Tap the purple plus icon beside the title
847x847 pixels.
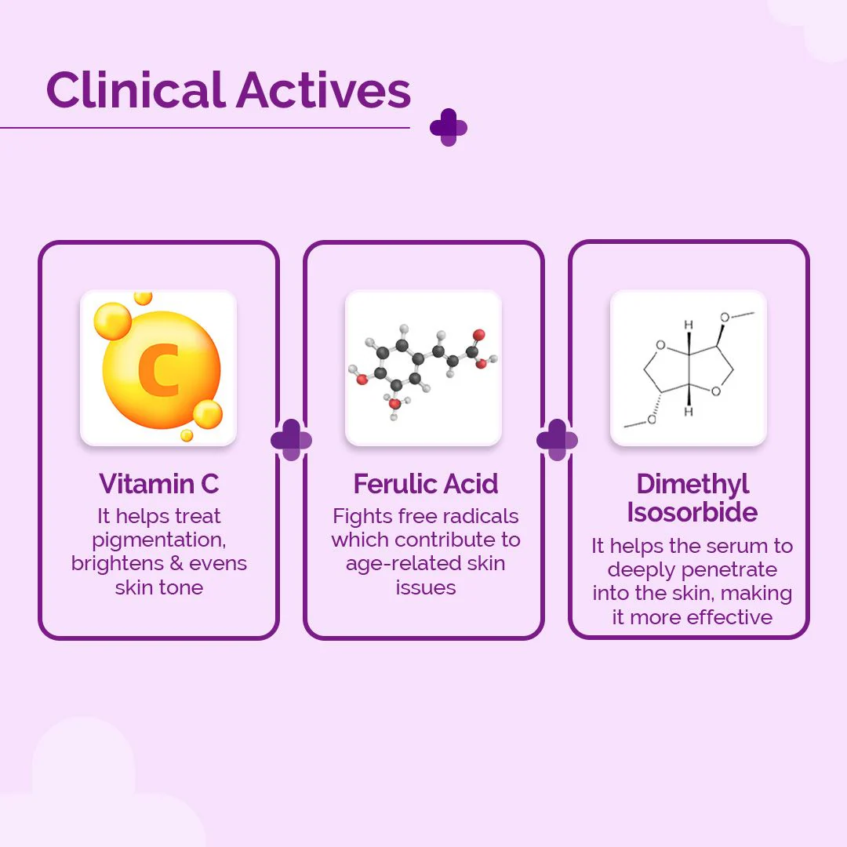[449, 127]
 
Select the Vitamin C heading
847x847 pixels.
[158, 484]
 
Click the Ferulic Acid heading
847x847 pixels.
[425, 484]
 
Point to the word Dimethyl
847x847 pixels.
[693, 484]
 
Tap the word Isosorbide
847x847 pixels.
[692, 512]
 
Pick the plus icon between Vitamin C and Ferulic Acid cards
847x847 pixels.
[291, 439]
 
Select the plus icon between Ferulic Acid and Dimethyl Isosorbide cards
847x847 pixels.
[557, 439]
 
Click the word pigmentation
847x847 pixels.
[158, 540]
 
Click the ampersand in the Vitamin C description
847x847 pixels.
[180, 563]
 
